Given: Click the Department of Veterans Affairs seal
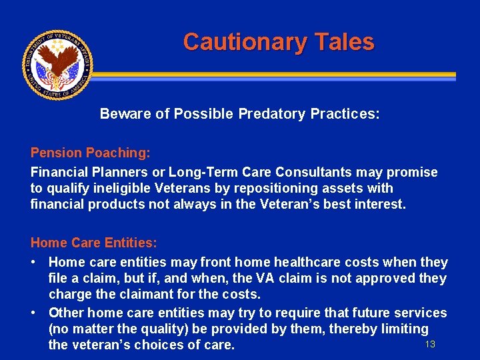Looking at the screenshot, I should point(57,64).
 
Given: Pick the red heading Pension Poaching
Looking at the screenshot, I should point(90,153).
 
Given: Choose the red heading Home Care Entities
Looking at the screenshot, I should point(93,243).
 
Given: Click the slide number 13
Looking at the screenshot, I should point(430,344).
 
